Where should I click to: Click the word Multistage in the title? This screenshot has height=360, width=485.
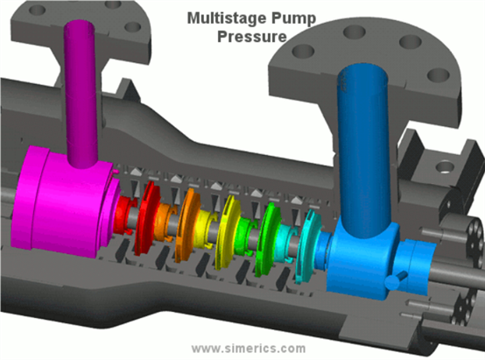(x=227, y=18)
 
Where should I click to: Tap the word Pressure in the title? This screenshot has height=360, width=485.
(x=252, y=36)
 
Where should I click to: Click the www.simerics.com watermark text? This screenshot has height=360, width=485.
(x=249, y=349)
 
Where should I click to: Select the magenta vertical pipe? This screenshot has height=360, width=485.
(x=81, y=93)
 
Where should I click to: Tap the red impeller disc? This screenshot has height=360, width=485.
(x=145, y=217)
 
